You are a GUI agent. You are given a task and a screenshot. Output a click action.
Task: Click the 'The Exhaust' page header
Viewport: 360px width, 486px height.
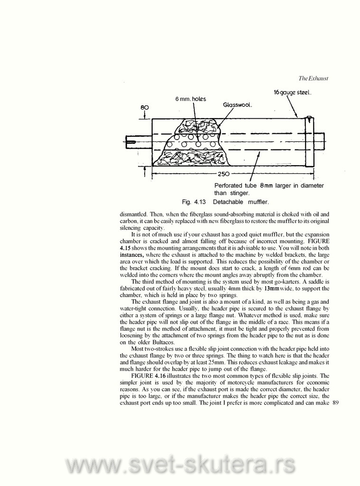(314, 78)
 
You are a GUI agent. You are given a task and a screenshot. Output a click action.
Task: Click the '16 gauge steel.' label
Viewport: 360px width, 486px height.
(292, 93)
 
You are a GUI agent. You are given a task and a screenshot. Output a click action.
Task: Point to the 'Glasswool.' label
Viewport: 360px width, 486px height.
(237, 105)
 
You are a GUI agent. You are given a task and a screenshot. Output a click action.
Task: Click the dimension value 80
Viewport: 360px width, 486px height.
(144, 108)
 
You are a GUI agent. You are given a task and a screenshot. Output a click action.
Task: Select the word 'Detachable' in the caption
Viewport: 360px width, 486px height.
(227, 202)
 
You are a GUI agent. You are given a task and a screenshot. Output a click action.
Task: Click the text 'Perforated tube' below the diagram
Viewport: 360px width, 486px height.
(235, 185)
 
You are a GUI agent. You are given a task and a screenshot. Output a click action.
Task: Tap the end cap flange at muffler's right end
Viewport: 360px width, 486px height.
(309, 141)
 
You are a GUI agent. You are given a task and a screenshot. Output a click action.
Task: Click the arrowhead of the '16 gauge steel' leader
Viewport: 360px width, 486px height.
(297, 117)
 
